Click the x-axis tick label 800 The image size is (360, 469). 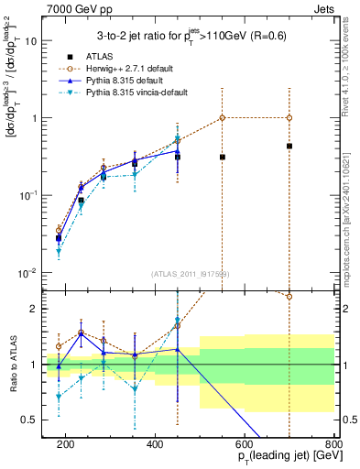[333, 442]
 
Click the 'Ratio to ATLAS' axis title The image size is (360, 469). [12, 365]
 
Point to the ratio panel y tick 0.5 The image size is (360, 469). [34, 420]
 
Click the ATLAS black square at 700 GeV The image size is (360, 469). [289, 146]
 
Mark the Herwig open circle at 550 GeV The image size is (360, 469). [223, 117]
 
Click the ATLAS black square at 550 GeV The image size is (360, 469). [223, 157]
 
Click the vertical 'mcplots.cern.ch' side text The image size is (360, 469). [351, 211]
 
